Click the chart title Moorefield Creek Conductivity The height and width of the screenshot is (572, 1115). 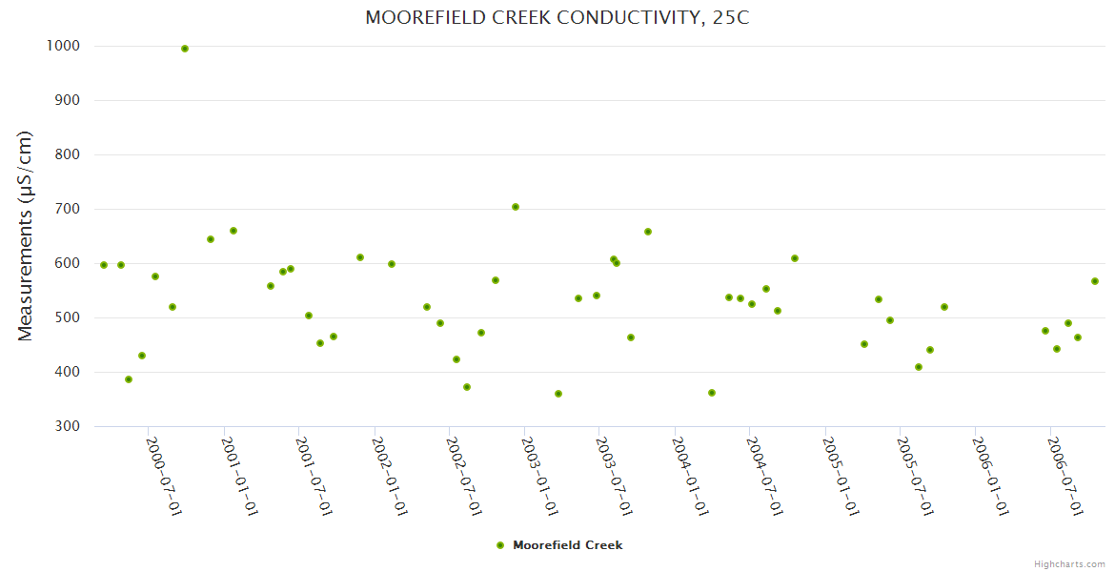(557, 18)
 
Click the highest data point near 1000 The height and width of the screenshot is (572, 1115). (185, 49)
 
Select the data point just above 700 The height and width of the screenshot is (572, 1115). (516, 207)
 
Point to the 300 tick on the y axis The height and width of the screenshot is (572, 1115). (67, 426)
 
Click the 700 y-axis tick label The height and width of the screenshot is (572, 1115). (67, 209)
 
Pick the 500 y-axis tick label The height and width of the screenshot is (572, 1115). (67, 317)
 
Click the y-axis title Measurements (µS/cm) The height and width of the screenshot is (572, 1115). (26, 235)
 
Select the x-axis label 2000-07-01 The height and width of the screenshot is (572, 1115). (164, 477)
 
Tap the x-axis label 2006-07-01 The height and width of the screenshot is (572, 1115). (1065, 477)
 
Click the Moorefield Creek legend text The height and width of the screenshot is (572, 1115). (567, 545)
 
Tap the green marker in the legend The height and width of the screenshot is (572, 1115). (500, 545)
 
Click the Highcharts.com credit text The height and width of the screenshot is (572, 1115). (1069, 563)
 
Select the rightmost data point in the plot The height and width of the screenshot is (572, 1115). (1095, 281)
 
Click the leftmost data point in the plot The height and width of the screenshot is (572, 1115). (104, 265)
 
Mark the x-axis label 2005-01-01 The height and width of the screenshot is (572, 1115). (841, 477)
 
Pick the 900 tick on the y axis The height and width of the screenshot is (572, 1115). (67, 100)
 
